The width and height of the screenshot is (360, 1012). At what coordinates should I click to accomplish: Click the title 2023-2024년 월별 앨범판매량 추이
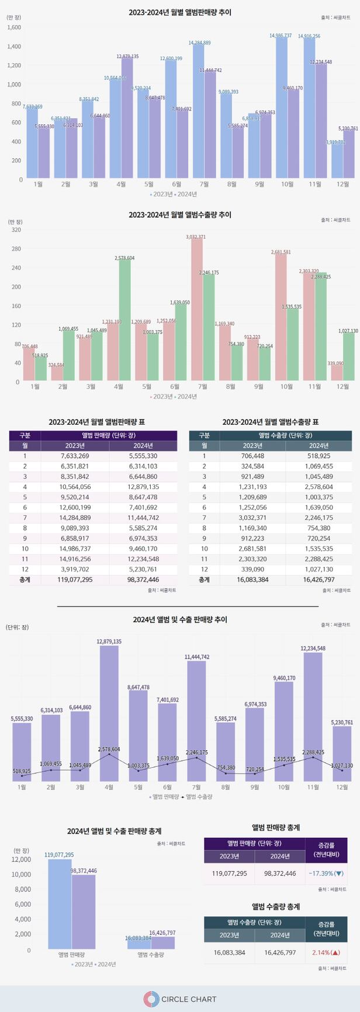[x=180, y=12]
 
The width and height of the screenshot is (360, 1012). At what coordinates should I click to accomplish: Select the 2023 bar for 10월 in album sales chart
[x=281, y=111]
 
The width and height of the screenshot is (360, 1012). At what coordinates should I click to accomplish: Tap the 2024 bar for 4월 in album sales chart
[x=127, y=120]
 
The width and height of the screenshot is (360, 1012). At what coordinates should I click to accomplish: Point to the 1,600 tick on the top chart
[x=14, y=27]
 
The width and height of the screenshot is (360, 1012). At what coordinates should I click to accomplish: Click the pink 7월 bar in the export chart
[x=197, y=310]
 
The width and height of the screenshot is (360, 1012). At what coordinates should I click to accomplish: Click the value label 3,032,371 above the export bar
[x=196, y=237]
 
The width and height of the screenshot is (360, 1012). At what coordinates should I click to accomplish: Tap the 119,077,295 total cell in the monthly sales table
[x=75, y=580]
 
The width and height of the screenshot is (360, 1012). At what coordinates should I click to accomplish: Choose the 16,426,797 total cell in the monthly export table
[x=319, y=580]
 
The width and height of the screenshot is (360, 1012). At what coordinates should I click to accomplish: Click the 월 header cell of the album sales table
[x=25, y=445]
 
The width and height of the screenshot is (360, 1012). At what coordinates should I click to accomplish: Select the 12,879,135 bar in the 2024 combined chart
[x=109, y=713]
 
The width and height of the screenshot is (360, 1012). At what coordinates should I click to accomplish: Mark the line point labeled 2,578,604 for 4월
[x=109, y=754]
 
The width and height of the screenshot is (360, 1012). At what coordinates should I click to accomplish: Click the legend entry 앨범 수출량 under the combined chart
[x=197, y=797]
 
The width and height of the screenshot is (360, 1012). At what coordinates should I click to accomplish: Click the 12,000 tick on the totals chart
[x=21, y=860]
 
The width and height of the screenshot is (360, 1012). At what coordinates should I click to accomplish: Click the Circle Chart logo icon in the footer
[x=151, y=999]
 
